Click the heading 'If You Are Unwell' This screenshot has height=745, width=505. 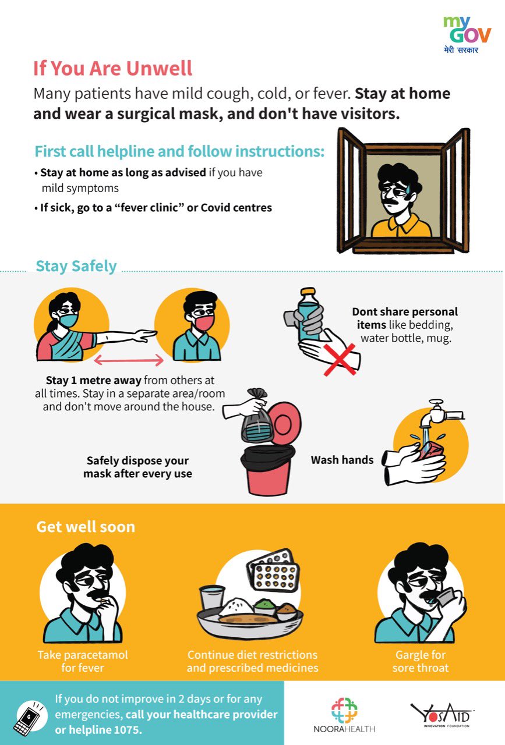point(112,69)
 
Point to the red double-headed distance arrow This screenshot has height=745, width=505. point(129,361)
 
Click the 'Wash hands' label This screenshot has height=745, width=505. point(342,460)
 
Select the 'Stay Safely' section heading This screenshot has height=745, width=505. point(76,266)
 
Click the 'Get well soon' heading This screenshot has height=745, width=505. point(86,527)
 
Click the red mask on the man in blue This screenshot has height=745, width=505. point(204,321)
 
